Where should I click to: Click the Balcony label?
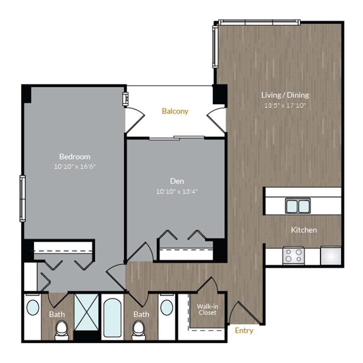(175, 111)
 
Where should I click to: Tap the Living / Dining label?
(285, 95)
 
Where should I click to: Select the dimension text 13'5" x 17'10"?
(285, 106)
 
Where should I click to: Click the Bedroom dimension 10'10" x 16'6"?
(75, 166)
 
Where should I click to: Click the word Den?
(177, 181)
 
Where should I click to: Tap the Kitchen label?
(304, 230)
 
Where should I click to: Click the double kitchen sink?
(298, 206)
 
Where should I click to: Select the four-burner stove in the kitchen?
(293, 255)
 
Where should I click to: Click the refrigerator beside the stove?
(331, 255)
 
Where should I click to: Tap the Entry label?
(244, 331)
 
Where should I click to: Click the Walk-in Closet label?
(207, 309)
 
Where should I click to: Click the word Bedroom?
(75, 156)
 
